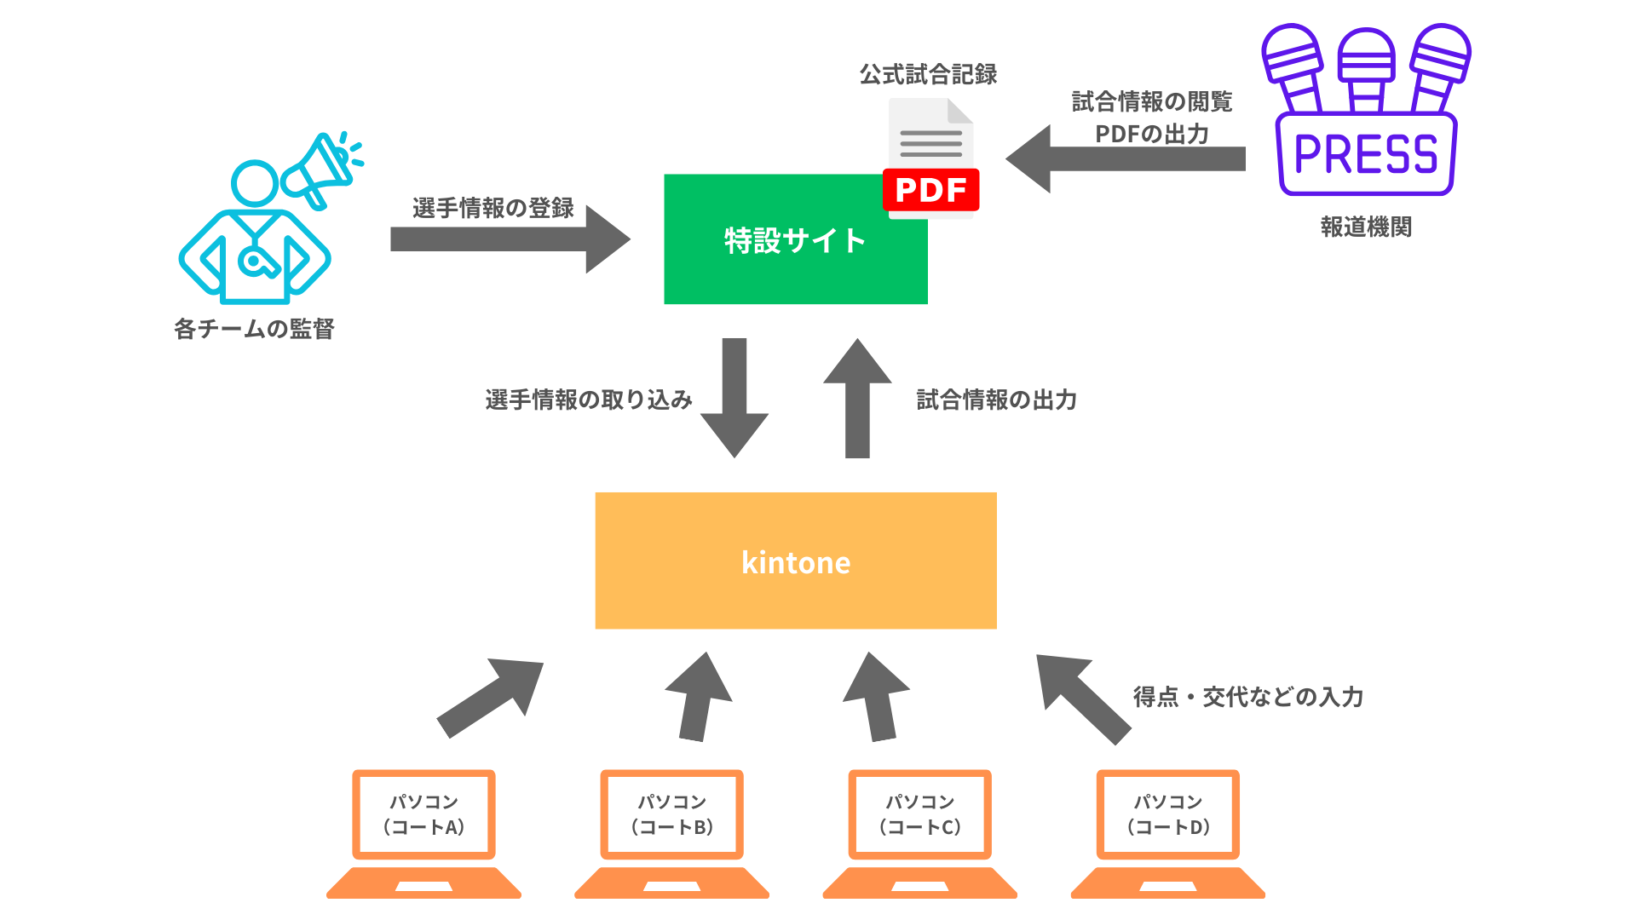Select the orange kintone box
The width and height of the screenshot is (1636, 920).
[x=796, y=561]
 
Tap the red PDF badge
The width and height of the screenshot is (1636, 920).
[x=930, y=190]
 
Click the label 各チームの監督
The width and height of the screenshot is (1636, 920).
[x=254, y=329]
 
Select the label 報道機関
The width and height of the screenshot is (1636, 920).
[x=1366, y=227]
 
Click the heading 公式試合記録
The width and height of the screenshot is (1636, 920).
[x=928, y=75]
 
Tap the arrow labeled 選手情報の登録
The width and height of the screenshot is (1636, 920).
[x=510, y=239]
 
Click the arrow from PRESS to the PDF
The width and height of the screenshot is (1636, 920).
[x=1125, y=158]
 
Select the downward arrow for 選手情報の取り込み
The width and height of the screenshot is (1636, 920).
[x=734, y=398]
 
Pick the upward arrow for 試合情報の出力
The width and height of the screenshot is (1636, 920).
[x=857, y=398]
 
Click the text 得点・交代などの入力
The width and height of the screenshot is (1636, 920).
[x=1247, y=697]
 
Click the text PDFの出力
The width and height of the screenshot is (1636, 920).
[x=1152, y=134]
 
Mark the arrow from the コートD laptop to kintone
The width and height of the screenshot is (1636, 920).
[x=1083, y=698]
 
